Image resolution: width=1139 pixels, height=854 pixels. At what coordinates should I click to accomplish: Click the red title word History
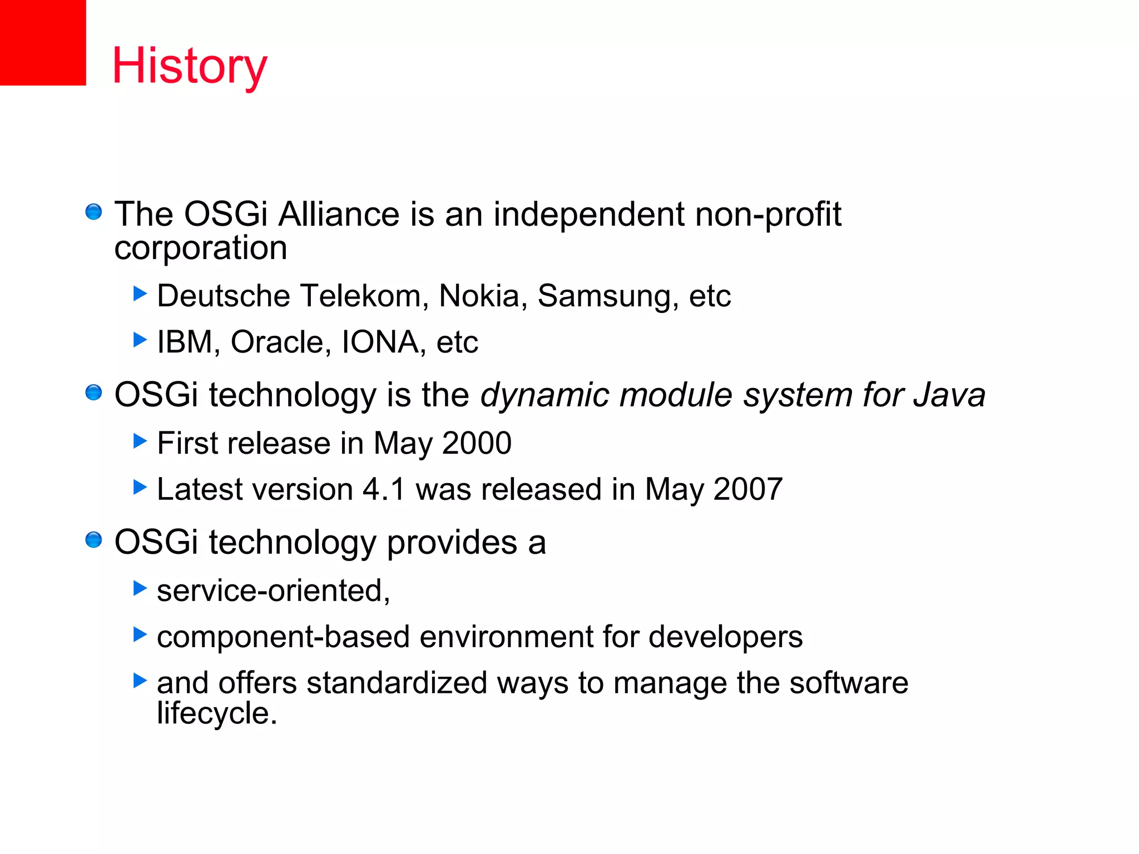point(190,66)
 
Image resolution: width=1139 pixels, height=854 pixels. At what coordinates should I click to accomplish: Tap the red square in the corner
point(43,42)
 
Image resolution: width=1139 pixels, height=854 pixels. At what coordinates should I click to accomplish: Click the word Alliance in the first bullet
point(339,214)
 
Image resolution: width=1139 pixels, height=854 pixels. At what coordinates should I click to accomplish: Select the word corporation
point(201,248)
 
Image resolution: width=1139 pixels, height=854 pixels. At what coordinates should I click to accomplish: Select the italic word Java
point(949,395)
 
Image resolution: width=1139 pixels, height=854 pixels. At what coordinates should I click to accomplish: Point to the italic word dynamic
point(544,395)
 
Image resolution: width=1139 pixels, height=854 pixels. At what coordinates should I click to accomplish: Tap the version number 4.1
point(384,490)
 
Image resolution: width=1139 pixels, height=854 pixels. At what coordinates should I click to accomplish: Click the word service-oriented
point(273,590)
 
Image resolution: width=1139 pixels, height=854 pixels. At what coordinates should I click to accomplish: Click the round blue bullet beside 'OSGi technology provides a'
point(93,540)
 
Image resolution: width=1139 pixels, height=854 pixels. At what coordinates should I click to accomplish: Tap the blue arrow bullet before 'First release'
point(140,441)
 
